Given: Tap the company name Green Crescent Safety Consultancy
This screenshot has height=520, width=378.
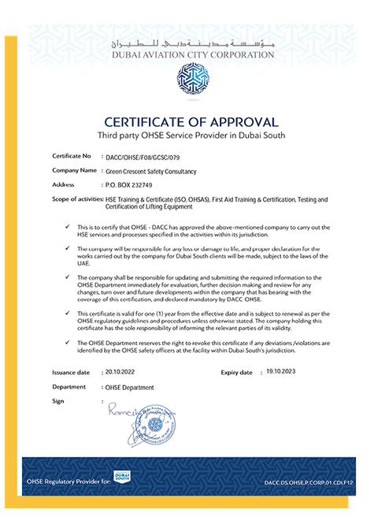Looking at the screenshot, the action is click(151, 171).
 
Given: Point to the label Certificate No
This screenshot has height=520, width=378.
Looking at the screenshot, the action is click(72, 157).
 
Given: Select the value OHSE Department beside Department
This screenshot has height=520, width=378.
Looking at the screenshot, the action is click(130, 388).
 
